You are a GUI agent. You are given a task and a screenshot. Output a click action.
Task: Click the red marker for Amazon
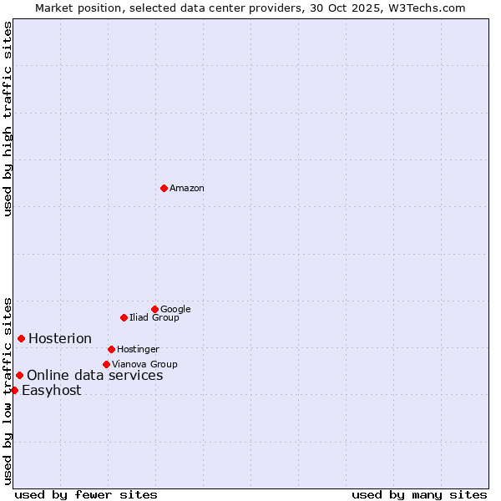164,188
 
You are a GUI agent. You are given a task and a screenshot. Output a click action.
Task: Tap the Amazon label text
187,189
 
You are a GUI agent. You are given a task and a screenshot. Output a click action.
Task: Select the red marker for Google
154,309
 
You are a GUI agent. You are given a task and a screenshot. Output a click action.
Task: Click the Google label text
175,310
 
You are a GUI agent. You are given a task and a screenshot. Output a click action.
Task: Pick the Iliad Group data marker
124,317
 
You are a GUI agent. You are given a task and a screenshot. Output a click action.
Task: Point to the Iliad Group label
154,318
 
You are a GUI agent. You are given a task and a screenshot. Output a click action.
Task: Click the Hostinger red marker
111,349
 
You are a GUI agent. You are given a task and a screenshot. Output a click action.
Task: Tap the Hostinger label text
138,350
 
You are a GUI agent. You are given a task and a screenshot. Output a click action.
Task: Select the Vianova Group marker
106,364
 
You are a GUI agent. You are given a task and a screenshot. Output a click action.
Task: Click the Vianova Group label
144,365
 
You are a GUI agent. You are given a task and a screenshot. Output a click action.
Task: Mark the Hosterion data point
21,338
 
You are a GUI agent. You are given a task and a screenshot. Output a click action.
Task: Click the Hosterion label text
60,339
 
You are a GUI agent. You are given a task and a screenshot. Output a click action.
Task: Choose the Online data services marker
19,375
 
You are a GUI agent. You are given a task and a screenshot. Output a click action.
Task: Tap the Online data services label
95,376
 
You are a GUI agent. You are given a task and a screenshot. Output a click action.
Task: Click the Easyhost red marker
14,390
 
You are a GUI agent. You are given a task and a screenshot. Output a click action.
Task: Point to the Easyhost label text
52,391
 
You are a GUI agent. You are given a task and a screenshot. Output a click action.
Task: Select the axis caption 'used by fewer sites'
86,494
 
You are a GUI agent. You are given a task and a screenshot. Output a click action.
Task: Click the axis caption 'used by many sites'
419,494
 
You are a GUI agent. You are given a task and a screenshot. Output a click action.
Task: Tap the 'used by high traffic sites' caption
8,119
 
